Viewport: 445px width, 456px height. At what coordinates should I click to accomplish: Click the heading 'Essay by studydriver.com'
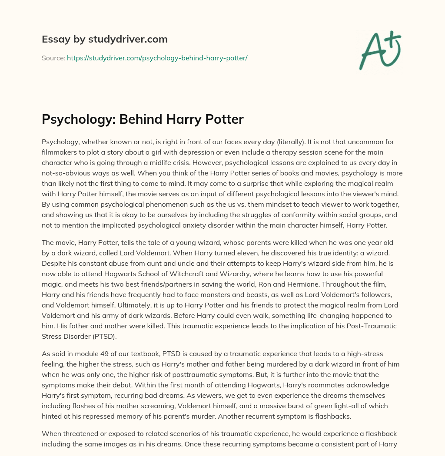point(104,39)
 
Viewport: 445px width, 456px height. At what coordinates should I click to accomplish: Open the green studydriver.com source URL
point(157,58)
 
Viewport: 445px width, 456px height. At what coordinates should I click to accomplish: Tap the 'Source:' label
point(53,58)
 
